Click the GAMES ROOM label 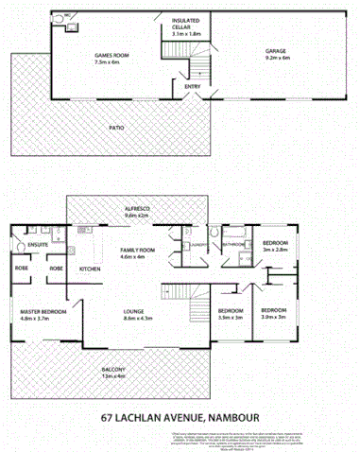click(111, 57)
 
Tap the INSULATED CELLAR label click(187, 25)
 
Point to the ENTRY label click(193, 88)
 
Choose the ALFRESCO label click(137, 209)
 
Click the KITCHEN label click(90, 269)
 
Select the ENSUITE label click(38, 245)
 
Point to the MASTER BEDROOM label click(44, 309)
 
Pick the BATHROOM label click(233, 244)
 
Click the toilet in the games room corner click(59, 18)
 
